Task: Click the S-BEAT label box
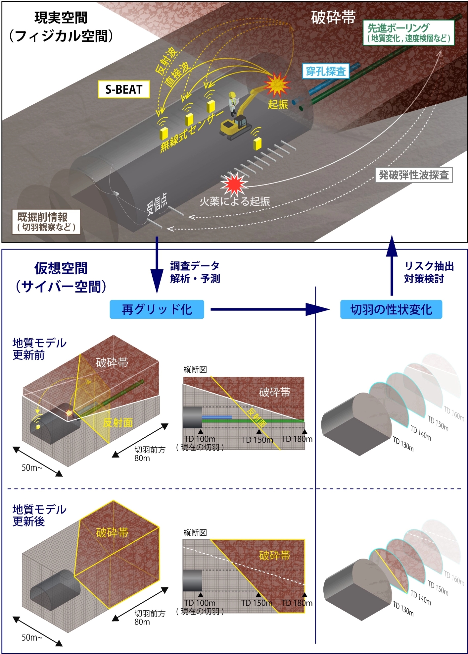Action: coord(124,89)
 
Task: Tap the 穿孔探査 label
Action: coord(326,71)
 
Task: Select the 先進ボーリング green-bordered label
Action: coord(408,33)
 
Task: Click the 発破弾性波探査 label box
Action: coord(414,175)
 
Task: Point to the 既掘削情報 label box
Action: coord(46,222)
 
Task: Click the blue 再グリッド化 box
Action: coord(157,309)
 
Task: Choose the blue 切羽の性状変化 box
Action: coord(391,309)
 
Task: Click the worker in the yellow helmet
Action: coord(233,103)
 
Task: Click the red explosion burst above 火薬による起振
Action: coord(234,184)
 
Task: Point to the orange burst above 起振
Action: coord(277,84)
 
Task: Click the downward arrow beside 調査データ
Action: coord(157,265)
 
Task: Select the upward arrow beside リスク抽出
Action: coord(392,265)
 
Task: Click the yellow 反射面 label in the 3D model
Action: coord(118,422)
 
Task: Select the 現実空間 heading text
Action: coord(61,18)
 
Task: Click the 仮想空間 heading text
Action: coord(61,268)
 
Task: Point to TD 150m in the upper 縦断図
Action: coord(257,440)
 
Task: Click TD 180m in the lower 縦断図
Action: coord(297,603)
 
